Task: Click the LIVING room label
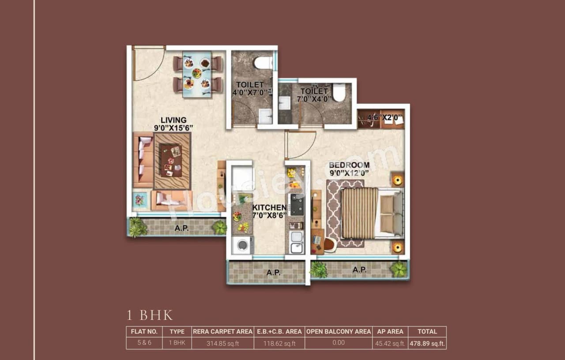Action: coord(173,120)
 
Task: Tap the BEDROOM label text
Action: coord(349,165)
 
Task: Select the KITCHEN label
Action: coord(269,207)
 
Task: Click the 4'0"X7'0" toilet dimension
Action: coord(250,93)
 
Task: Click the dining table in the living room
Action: coord(197,73)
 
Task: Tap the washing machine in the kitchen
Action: coord(242,245)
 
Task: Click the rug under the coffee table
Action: coord(172,161)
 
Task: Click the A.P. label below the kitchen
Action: coord(273,273)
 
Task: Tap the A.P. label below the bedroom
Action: coord(359,269)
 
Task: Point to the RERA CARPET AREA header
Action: coord(222,331)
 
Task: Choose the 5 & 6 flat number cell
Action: coord(144,343)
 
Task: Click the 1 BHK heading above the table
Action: coord(150,315)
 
